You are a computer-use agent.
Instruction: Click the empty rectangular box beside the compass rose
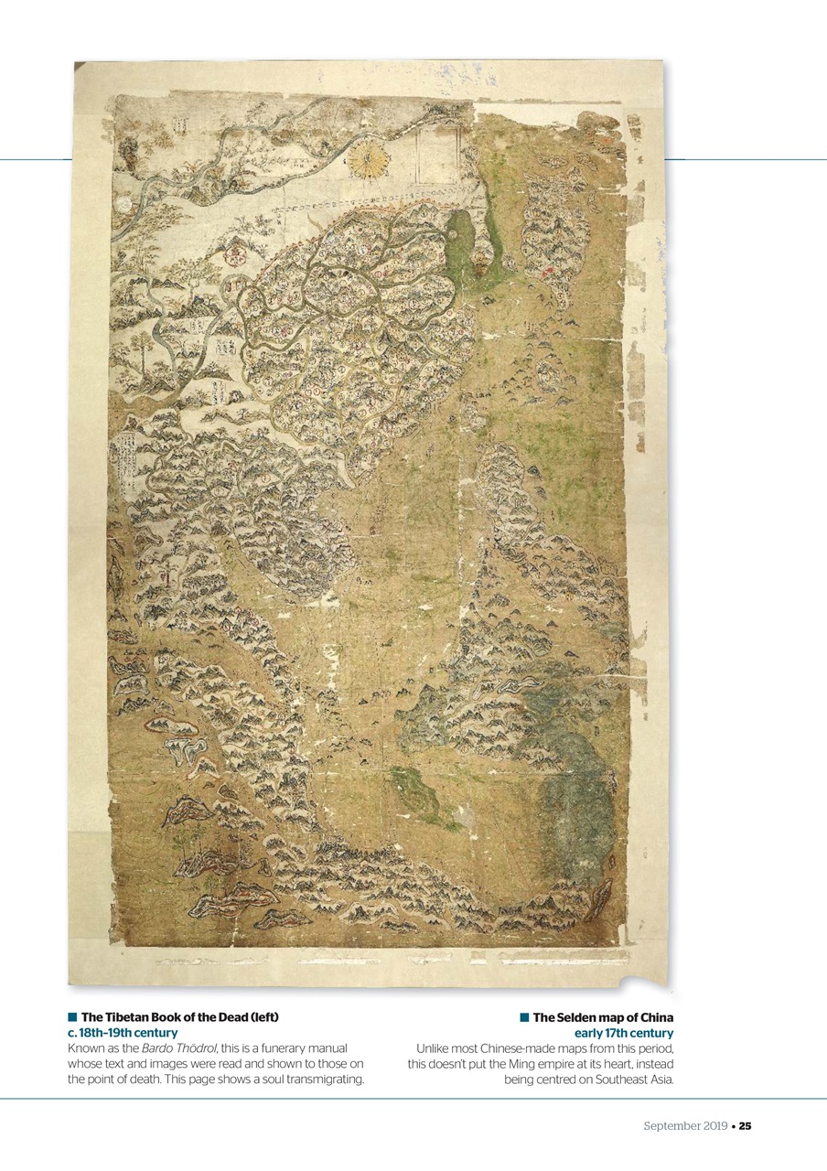pyautogui.click(x=436, y=156)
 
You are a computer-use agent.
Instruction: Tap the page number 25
pyautogui.click(x=746, y=1125)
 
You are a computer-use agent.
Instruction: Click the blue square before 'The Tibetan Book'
pyautogui.click(x=71, y=1017)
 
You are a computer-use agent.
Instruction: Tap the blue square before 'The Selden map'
pyautogui.click(x=524, y=1017)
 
